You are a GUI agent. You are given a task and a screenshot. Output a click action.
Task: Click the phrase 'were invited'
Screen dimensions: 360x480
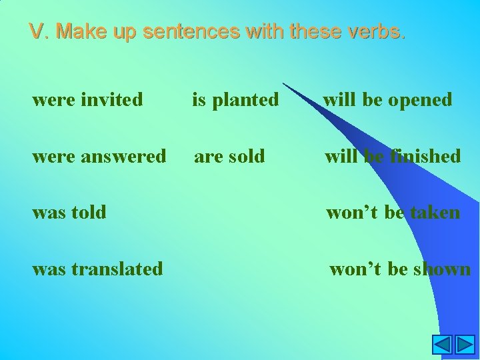pyautogui.click(x=87, y=100)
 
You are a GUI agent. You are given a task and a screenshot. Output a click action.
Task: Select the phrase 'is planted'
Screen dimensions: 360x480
pyautogui.click(x=235, y=100)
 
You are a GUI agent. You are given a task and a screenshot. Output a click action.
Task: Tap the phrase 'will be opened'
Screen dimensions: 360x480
pyautogui.click(x=387, y=100)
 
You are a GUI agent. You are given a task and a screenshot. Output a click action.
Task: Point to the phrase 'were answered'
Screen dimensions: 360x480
pyautogui.click(x=99, y=157)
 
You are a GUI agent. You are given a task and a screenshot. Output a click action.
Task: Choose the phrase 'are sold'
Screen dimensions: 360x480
pyautogui.click(x=229, y=157)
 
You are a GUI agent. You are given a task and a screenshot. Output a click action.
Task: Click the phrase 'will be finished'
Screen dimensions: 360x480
pyautogui.click(x=393, y=157)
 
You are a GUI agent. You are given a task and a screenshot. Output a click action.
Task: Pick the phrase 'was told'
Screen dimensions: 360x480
pyautogui.click(x=69, y=213)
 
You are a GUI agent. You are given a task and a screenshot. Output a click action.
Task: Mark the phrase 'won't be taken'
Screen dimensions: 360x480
pyautogui.click(x=393, y=213)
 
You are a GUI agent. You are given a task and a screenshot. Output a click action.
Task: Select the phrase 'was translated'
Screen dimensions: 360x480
pyautogui.click(x=97, y=269)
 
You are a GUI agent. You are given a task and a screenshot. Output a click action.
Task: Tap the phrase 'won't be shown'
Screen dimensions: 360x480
pyautogui.click(x=400, y=269)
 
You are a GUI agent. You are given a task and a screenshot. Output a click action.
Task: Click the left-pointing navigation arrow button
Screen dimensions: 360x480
pyautogui.click(x=442, y=345)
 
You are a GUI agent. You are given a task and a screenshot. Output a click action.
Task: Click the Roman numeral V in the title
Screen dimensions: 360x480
pyautogui.click(x=37, y=31)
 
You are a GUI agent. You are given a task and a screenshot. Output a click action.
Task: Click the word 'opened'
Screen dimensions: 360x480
pyautogui.click(x=420, y=100)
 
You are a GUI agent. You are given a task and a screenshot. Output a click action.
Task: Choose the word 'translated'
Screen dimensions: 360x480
pyautogui.click(x=117, y=269)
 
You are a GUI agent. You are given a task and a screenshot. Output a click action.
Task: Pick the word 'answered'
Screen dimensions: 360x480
pyautogui.click(x=123, y=157)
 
